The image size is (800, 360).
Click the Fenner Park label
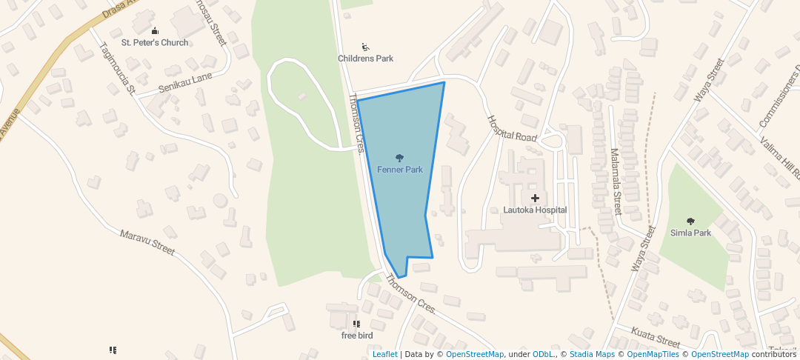click(400, 170)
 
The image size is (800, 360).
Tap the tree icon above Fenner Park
click(400, 158)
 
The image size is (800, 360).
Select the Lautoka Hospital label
click(535, 210)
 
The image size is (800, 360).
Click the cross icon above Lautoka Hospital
click(535, 198)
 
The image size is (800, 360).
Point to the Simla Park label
click(690, 233)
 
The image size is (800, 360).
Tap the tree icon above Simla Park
click(691, 221)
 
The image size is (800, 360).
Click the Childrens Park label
click(365, 59)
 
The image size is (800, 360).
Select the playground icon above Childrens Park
click(365, 47)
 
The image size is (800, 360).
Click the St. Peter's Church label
click(156, 42)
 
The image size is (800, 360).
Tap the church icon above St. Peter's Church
click(155, 30)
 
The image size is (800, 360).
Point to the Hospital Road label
click(511, 128)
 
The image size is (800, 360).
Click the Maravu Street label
click(148, 242)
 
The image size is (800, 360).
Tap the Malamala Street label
click(616, 181)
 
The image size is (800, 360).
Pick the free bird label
click(356, 336)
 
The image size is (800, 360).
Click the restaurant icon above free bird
click(356, 324)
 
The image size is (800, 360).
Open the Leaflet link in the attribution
click(384, 354)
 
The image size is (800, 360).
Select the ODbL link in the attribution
click(543, 354)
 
